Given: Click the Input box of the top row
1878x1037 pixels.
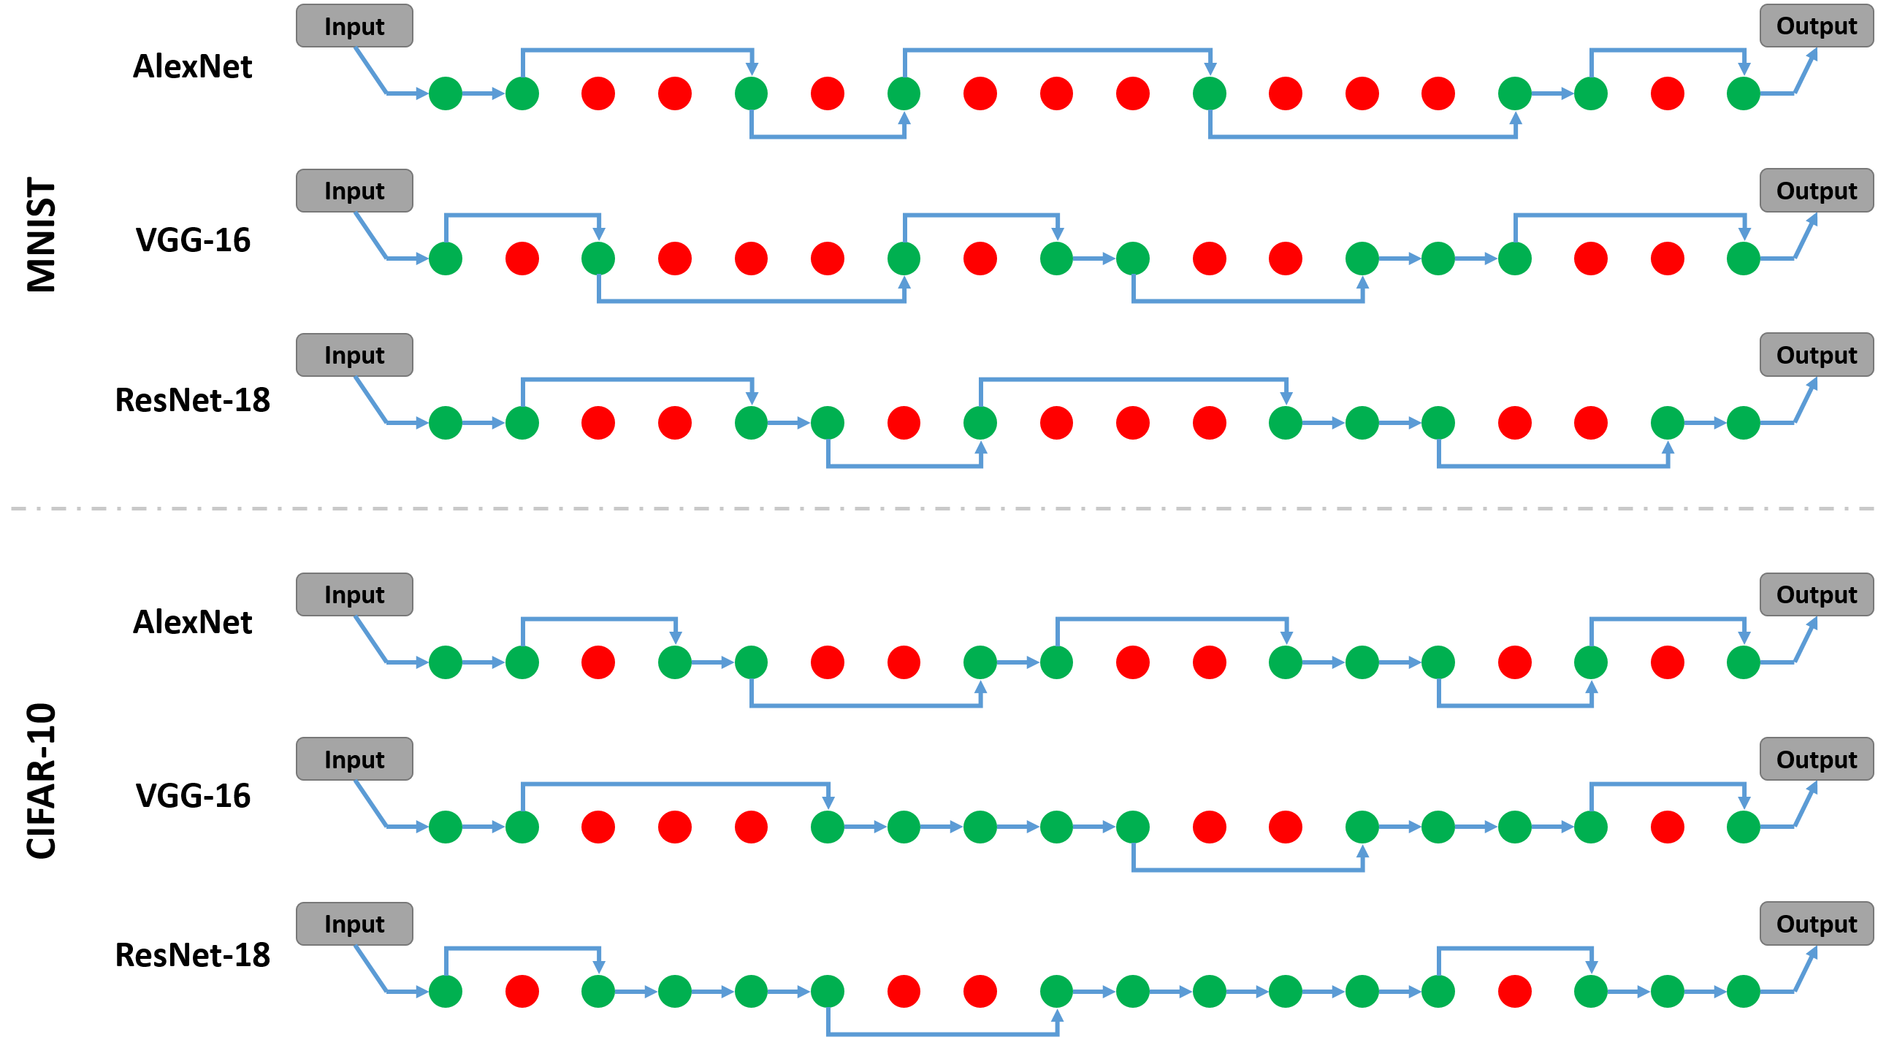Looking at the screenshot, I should click(x=354, y=26).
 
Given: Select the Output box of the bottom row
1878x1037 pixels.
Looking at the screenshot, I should click(x=1816, y=924).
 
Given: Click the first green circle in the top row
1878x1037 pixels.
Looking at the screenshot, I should click(x=446, y=93).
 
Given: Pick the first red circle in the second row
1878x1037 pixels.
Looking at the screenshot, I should click(x=522, y=259).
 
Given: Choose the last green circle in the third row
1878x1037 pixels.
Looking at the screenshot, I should click(x=1744, y=423).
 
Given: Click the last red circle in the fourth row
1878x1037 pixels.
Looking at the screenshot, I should click(x=1668, y=662).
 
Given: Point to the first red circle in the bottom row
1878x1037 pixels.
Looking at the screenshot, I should click(x=522, y=992).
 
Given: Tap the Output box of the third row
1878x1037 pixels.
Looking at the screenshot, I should click(x=1816, y=355).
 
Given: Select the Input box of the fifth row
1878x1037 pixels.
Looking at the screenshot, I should click(x=354, y=759).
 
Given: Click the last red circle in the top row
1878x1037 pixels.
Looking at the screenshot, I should click(x=1668, y=93).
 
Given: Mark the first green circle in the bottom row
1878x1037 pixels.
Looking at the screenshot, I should click(x=446, y=992).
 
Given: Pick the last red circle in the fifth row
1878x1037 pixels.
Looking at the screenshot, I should click(x=1668, y=827).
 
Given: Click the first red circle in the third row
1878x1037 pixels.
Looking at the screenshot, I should click(x=598, y=423).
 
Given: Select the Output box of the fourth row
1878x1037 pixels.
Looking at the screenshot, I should click(x=1816, y=594).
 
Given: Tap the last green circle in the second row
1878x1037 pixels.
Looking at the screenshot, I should click(x=1744, y=259).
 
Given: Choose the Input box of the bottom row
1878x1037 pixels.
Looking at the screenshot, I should click(x=354, y=924).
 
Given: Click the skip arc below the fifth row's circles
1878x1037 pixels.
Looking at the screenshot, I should click(x=1248, y=870).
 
